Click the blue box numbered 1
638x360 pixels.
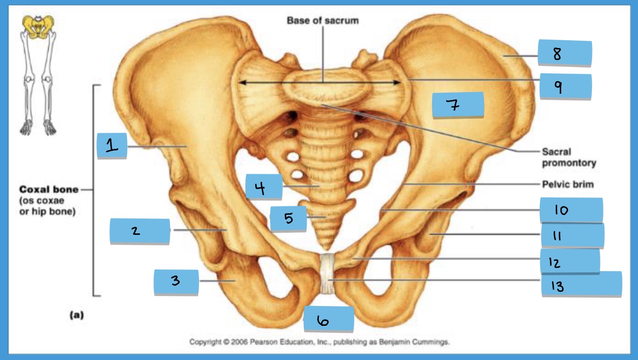pyautogui.click(x=112, y=146)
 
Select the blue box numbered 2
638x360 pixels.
pyautogui.click(x=140, y=231)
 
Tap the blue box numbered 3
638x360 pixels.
pyautogui.click(x=176, y=282)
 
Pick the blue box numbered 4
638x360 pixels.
pyautogui.click(x=264, y=187)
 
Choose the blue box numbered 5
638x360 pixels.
pyautogui.click(x=288, y=218)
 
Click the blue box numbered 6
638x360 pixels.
pyautogui.click(x=329, y=319)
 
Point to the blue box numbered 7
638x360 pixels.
pyautogui.click(x=458, y=105)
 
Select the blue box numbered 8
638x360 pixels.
pyautogui.click(x=565, y=53)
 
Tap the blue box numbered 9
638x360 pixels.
pyautogui.click(x=566, y=86)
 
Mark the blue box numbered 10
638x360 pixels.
pyautogui.click(x=571, y=210)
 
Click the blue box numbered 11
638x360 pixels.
pyautogui.click(x=572, y=235)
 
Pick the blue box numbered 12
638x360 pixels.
pyautogui.click(x=570, y=261)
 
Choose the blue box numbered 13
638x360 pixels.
pyautogui.click(x=582, y=284)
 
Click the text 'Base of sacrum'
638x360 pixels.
pyautogui.click(x=323, y=21)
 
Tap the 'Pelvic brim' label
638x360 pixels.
pyautogui.click(x=568, y=184)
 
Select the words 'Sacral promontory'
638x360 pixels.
pyautogui.click(x=569, y=157)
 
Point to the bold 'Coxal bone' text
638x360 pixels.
pyautogui.click(x=49, y=189)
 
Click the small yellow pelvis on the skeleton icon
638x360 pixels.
pyautogui.click(x=38, y=26)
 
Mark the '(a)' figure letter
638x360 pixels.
pyautogui.click(x=77, y=315)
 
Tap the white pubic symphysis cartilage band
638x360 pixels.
pyautogui.click(x=327, y=274)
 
